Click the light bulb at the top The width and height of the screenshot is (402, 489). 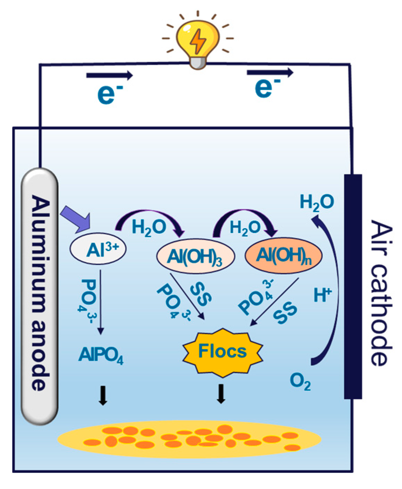[x=198, y=42]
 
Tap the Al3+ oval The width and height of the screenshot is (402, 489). [x=98, y=249]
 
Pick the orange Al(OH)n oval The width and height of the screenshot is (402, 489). [x=284, y=256]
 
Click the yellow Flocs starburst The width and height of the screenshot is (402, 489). [x=222, y=351]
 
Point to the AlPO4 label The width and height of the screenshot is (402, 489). [x=101, y=355]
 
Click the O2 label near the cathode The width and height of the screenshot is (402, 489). [x=300, y=382]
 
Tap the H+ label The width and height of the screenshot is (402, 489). [x=322, y=295]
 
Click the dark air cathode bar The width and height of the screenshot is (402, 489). [x=353, y=287]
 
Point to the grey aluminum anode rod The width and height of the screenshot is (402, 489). [x=39, y=295]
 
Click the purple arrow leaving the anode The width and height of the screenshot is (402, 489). [x=76, y=218]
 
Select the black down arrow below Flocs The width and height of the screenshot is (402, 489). [x=221, y=394]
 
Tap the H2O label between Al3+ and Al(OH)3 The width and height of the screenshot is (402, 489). [x=149, y=228]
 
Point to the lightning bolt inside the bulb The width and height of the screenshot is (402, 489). [x=198, y=41]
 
